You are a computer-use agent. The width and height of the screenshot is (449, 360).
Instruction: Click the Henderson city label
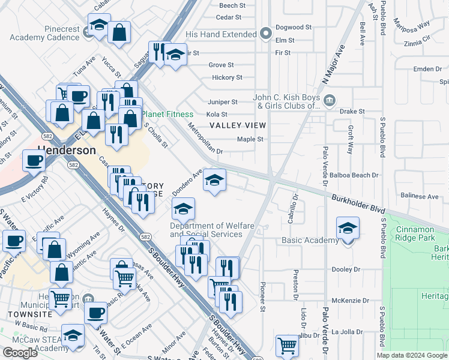[67, 150]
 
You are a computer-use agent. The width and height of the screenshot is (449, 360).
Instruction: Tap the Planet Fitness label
[167, 114]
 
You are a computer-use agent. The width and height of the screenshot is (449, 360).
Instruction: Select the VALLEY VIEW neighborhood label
[237, 125]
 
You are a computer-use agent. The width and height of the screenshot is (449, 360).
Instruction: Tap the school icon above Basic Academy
[348, 228]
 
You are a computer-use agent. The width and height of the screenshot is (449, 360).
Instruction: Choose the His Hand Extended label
[221, 35]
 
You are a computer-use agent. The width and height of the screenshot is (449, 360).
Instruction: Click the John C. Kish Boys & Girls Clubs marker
[329, 100]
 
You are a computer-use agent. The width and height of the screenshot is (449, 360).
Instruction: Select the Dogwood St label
[294, 28]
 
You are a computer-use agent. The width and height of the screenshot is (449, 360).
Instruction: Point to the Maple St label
[250, 139]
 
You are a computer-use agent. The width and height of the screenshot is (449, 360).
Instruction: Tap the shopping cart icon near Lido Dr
[288, 345]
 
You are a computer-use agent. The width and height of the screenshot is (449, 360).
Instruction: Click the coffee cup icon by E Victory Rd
[34, 160]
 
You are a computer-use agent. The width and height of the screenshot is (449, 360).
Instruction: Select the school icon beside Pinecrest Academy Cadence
[98, 25]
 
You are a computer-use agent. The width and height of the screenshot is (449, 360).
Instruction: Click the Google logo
[20, 353]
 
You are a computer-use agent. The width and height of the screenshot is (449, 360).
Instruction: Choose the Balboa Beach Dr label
[358, 175]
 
